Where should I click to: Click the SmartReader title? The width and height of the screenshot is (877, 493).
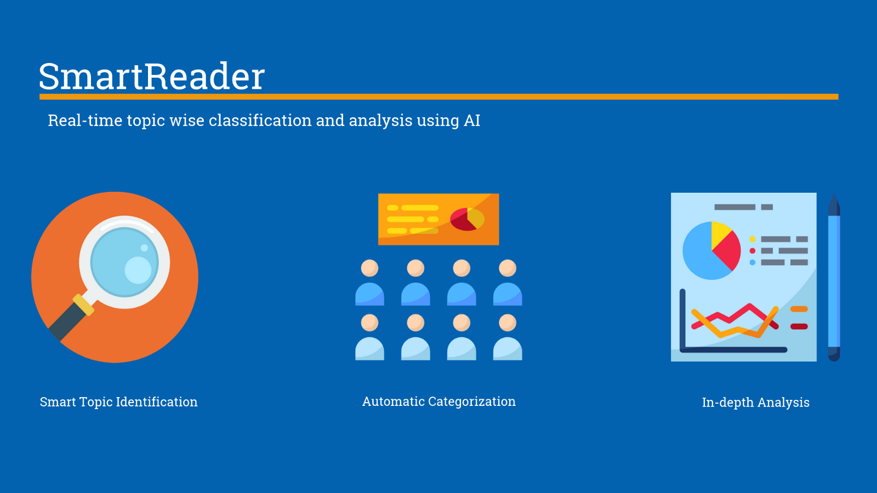pos(151,76)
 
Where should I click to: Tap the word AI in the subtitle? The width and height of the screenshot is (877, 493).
pos(472,121)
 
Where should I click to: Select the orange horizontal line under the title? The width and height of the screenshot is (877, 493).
pos(438,97)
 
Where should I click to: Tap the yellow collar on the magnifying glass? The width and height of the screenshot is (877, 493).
pos(84,305)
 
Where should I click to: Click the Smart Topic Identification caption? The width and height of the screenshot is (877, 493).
pos(118,402)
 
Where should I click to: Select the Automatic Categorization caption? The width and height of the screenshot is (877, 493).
pos(438,402)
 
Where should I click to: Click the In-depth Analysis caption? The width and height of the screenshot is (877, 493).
pos(755,403)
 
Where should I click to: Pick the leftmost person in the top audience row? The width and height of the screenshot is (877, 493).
pos(369,283)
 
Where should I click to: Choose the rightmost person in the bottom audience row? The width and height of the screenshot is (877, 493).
pos(508,337)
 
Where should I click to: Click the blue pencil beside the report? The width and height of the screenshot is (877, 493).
pos(834,279)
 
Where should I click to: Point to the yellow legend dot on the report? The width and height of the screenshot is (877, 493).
pos(753,239)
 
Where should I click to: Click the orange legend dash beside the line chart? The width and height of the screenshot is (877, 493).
pos(799,309)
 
